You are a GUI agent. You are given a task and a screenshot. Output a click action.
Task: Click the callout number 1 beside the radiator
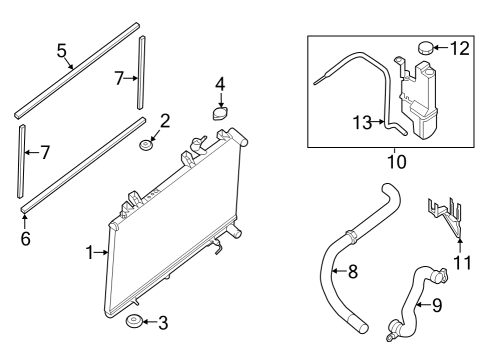90,253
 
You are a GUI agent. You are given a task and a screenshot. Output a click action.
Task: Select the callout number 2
166,121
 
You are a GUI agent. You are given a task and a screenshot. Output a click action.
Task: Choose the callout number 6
25,240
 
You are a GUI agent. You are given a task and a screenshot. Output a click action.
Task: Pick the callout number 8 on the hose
351,269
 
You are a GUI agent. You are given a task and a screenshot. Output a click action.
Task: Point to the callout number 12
459,46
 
